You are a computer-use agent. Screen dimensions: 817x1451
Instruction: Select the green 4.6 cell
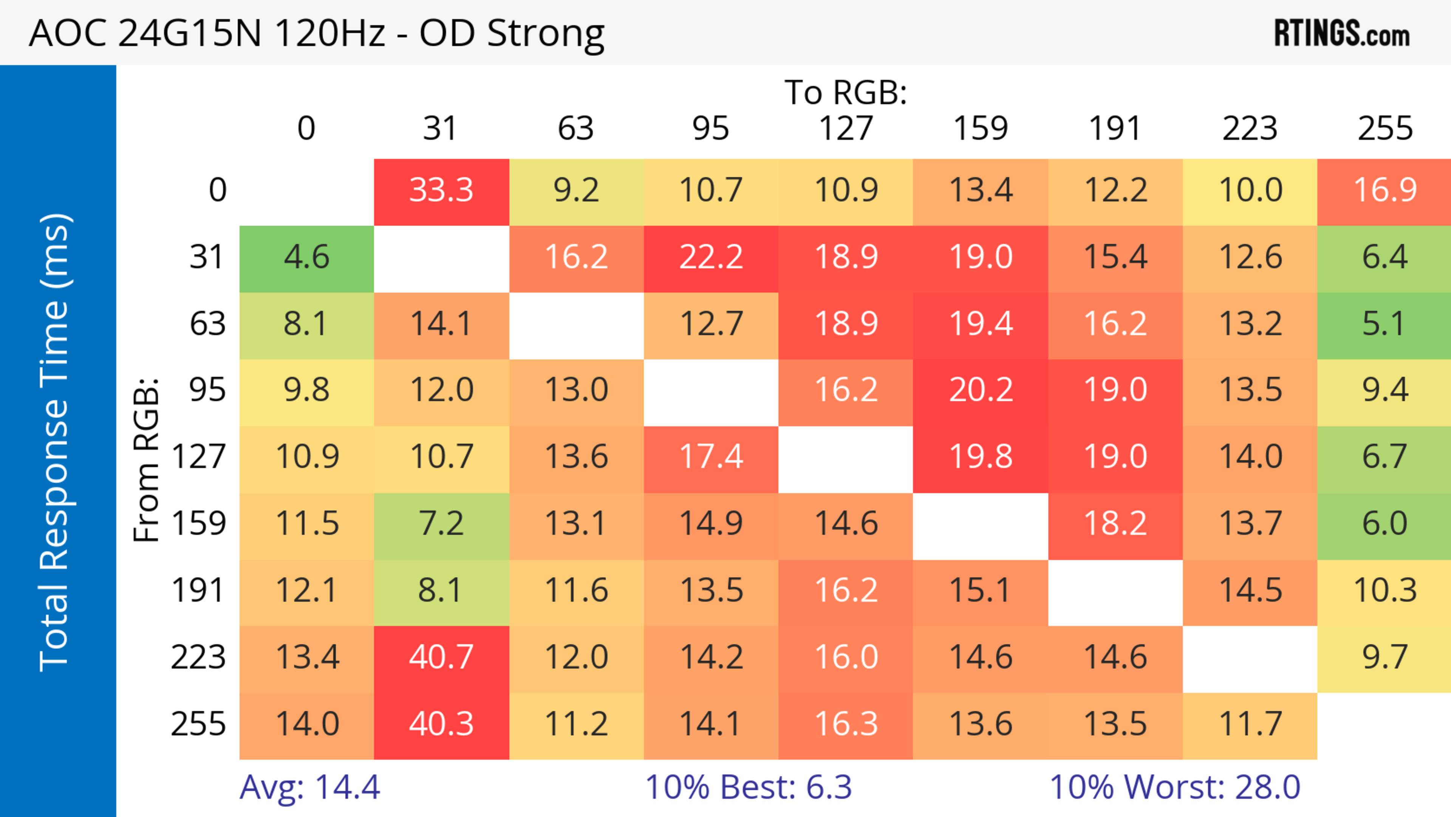pos(306,257)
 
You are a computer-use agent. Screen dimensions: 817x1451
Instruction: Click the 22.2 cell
pos(711,257)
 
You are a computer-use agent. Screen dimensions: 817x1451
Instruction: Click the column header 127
pos(846,129)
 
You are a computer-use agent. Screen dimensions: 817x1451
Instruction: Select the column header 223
pos(1250,129)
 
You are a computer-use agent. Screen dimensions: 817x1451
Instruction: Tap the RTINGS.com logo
pos(1342,33)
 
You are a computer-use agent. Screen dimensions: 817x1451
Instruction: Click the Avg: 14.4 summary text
pos(310,787)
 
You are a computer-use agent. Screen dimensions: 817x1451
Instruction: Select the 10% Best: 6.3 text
pos(748,787)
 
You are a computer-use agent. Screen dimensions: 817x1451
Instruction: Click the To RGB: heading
pos(846,92)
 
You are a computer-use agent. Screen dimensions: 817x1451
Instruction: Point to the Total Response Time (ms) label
pos(55,442)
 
